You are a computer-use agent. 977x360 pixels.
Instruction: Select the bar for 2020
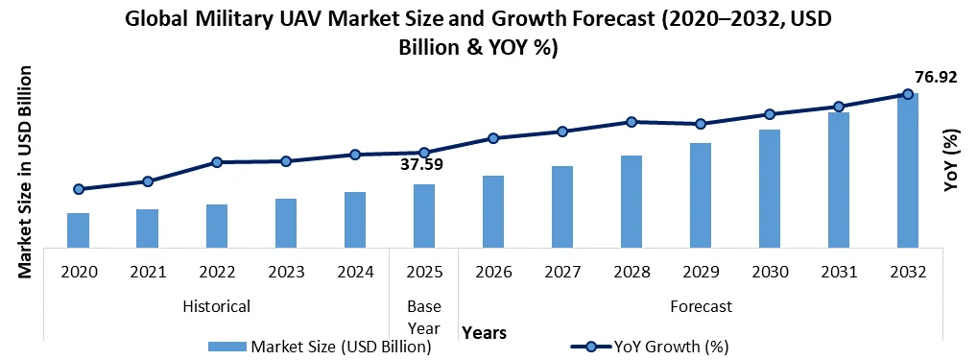79,228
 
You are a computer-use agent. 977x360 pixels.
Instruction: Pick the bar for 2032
908,168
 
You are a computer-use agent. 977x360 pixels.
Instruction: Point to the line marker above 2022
217,162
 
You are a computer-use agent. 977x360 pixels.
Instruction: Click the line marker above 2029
701,124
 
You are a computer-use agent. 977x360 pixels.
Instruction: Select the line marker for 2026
493,138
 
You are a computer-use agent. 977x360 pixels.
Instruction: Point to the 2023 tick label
286,272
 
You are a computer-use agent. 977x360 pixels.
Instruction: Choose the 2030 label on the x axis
770,272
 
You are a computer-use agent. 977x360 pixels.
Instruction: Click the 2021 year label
148,272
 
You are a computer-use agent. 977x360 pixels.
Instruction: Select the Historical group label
217,306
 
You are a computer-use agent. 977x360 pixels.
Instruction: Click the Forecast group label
701,306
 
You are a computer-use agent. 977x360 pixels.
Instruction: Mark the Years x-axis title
484,332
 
